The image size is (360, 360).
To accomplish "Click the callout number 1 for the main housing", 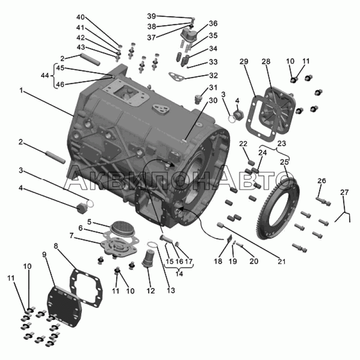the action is point(21,91).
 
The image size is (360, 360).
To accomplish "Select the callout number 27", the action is point(344,192).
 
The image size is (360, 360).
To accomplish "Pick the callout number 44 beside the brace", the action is point(45,75).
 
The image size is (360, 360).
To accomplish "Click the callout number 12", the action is point(151,290).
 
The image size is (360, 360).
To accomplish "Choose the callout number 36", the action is point(213,23).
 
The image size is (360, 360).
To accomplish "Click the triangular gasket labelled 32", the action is point(177,76).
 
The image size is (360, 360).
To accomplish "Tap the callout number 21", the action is point(282,261).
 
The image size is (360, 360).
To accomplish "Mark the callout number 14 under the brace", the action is point(179,274).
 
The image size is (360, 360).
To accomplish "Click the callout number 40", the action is point(81,17).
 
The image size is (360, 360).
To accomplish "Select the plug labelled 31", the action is point(198,99).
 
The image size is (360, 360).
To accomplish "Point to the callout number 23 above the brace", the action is point(282,144).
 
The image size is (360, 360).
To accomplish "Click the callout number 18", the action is point(218,261).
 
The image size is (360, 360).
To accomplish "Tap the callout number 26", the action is point(321,181).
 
